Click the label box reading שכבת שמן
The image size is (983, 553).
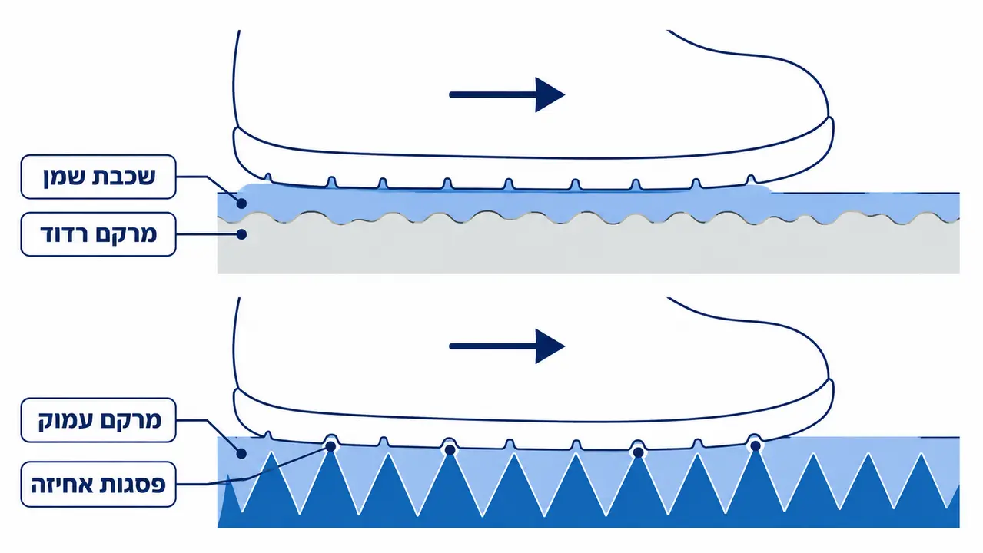click(x=98, y=177)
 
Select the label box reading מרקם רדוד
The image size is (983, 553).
click(x=98, y=234)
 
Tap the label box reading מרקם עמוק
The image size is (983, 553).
click(x=98, y=420)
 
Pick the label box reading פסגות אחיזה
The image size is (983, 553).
click(x=98, y=484)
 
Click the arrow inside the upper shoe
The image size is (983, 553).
click(x=506, y=94)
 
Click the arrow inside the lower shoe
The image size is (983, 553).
click(x=506, y=346)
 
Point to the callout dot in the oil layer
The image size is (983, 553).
click(x=241, y=204)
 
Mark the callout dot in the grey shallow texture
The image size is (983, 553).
click(x=241, y=234)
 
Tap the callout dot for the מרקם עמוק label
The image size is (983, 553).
click(x=241, y=453)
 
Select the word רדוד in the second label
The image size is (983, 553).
click(x=65, y=234)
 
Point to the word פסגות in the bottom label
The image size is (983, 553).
click(x=131, y=485)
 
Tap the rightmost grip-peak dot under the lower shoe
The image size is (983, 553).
click(x=756, y=446)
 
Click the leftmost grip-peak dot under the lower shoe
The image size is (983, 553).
click(x=330, y=446)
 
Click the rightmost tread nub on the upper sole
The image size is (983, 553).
click(x=751, y=180)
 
